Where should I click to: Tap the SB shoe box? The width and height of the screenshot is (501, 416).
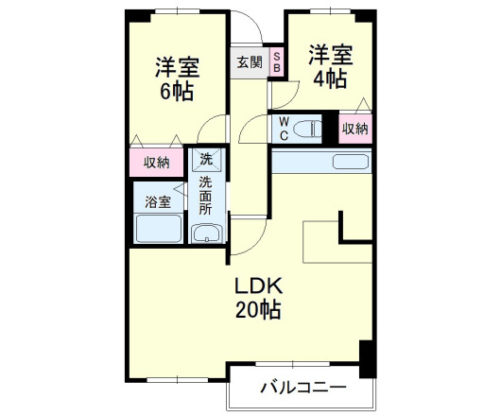[x=277, y=61]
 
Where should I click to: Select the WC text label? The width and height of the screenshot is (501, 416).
[x=282, y=126]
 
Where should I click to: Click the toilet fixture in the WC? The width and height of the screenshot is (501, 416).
[x=308, y=128]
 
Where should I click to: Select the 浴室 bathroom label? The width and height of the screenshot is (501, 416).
[x=157, y=201]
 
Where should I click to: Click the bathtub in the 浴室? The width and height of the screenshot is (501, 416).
[x=158, y=230]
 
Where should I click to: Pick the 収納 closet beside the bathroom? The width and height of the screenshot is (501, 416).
[x=157, y=163]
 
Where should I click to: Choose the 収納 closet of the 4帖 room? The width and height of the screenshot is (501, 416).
[x=354, y=129]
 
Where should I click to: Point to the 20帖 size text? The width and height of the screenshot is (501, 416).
[x=257, y=309]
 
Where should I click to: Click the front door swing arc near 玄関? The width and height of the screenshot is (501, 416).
[x=249, y=26]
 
